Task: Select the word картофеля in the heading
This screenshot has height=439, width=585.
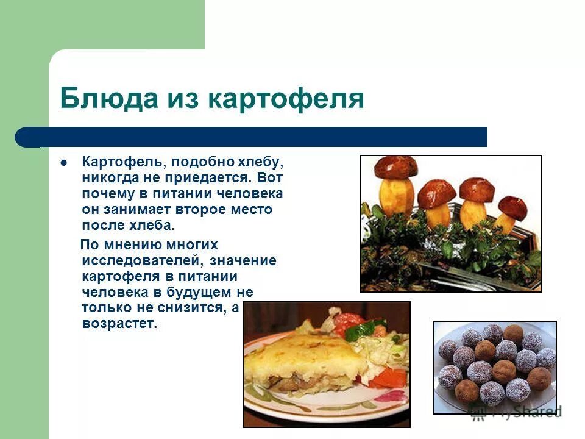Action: tap(286, 99)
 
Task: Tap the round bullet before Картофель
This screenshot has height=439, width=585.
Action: tap(63, 163)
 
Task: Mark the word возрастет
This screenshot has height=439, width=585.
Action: tap(119, 324)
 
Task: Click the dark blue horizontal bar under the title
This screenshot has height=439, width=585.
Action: tap(256, 137)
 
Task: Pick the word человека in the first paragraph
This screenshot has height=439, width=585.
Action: tap(249, 194)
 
